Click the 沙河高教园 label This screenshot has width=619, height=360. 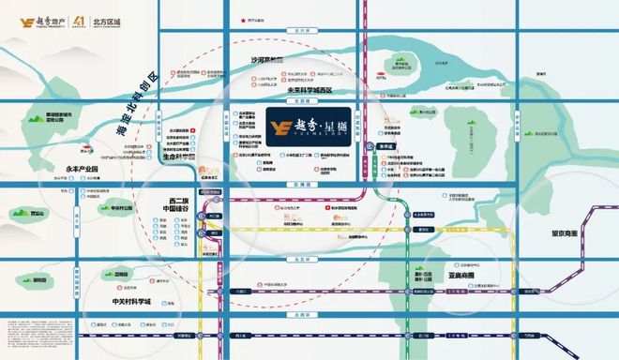(x=266, y=58)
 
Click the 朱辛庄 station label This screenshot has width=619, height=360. (x=384, y=147)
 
